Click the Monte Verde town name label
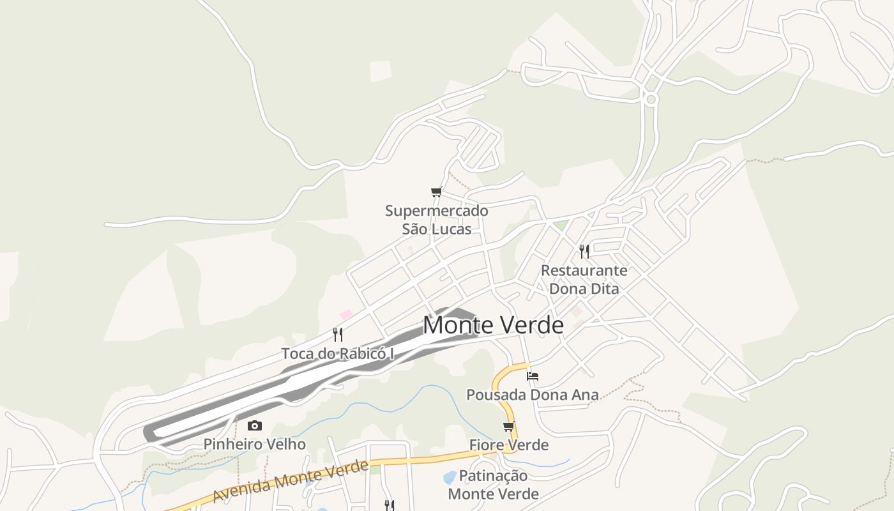point(493,326)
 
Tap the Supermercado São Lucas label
point(437,220)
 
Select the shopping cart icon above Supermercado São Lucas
point(437,192)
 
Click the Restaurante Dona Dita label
point(584,279)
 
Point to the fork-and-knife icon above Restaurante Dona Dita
point(584,251)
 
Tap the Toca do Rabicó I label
point(338,353)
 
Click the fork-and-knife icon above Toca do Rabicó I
point(338,333)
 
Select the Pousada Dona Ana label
point(533,395)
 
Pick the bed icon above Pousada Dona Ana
point(533,376)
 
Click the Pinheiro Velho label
point(254,444)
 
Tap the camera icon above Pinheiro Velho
point(254,425)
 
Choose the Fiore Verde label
point(508,445)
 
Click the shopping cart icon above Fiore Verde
point(508,426)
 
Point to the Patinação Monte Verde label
point(493,485)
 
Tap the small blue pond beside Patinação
point(450,477)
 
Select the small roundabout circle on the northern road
point(651,99)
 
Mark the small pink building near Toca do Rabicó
point(346,314)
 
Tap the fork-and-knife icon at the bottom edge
point(389,505)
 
